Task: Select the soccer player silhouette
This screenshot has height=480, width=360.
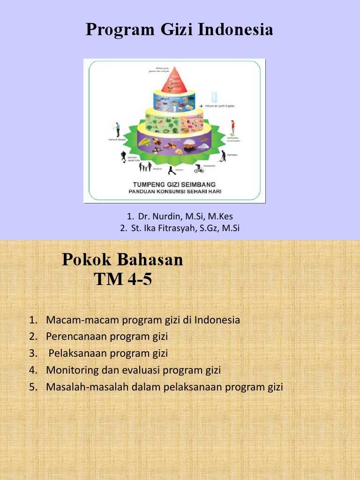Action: click(x=123, y=156)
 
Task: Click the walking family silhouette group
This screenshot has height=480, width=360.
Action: click(x=145, y=167)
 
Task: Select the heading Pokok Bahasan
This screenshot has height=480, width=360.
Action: click(x=122, y=259)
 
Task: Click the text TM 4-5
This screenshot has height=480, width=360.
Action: click(x=123, y=280)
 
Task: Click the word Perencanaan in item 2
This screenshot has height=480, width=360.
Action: click(x=74, y=337)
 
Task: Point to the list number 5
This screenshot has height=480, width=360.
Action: click(x=32, y=387)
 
